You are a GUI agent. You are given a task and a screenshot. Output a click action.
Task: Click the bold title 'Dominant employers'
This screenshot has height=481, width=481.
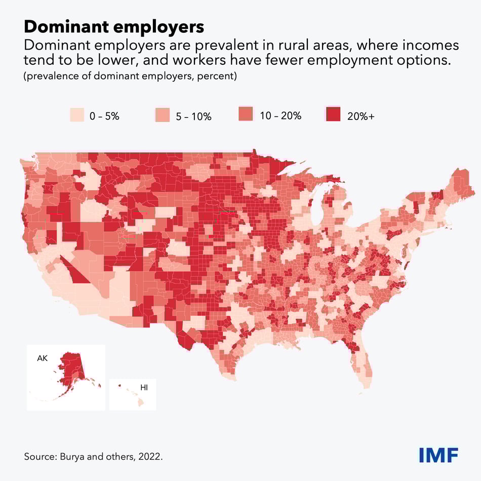point(114,26)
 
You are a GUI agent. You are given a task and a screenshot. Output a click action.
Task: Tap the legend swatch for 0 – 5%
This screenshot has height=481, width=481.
point(77,115)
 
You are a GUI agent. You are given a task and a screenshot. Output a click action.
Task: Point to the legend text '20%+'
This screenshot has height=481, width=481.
point(361,116)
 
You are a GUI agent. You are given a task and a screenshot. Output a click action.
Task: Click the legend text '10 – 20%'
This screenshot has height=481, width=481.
point(280,115)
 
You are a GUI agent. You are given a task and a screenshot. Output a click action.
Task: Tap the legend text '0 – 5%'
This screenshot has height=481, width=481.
point(104,116)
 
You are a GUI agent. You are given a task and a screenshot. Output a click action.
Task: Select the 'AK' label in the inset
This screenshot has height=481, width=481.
point(42,358)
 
